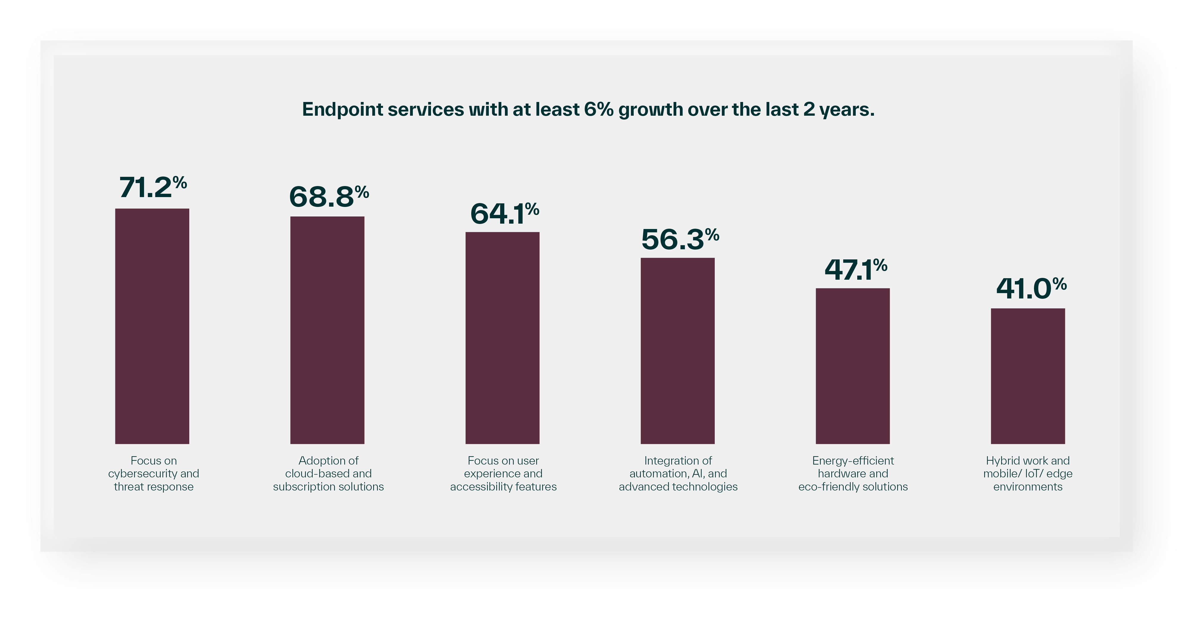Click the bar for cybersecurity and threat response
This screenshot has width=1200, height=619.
[x=152, y=326]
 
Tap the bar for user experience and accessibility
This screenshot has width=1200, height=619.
[x=502, y=338]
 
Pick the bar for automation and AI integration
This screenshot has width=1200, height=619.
[x=677, y=351]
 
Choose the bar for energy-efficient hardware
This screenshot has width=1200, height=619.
[x=852, y=366]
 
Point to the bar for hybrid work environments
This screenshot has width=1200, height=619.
[x=1028, y=376]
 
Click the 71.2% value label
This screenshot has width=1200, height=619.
[x=153, y=187]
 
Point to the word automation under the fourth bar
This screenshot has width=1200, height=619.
[x=657, y=473]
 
